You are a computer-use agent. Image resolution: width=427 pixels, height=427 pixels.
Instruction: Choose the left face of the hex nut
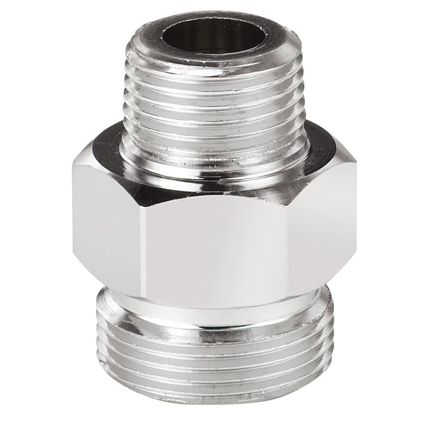tap(107, 222)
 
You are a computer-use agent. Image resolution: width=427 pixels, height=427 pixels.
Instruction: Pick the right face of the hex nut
tap(322, 222)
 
